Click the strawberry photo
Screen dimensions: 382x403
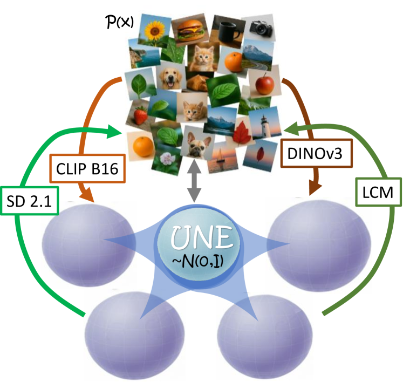click(139, 115)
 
